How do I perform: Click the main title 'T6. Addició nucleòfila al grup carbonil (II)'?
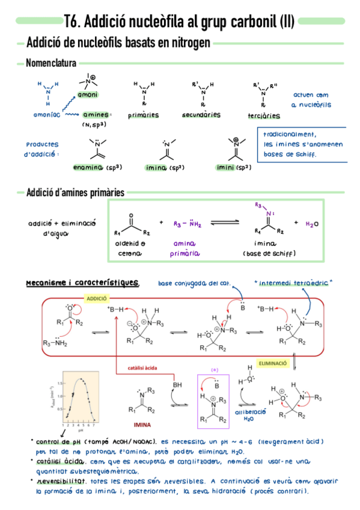coord(179,22)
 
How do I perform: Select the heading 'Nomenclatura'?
coord(51,63)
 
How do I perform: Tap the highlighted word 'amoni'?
coord(88,94)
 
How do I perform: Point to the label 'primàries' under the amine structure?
coord(143,115)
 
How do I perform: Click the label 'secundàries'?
coord(202,115)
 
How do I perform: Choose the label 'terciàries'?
coord(264,115)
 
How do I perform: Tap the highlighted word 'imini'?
coord(227,167)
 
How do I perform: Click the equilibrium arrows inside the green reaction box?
coord(225,224)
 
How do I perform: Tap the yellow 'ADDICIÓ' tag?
coord(97,299)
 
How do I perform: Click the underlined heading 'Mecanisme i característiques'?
coord(82,283)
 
